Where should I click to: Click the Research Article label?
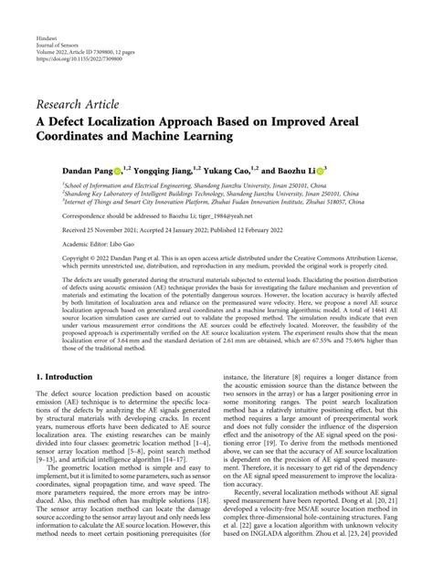[81, 100]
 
